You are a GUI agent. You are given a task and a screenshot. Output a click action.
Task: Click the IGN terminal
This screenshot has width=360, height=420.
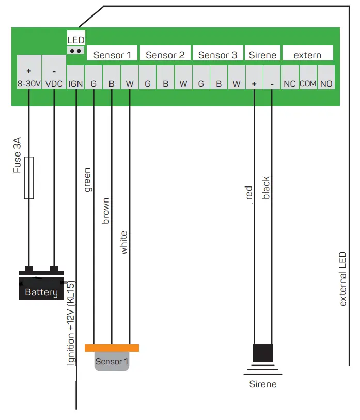point(75,83)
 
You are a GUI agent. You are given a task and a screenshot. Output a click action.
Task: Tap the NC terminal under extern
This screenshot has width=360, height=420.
point(289,83)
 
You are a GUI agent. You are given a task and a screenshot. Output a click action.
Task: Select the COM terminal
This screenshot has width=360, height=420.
point(308,83)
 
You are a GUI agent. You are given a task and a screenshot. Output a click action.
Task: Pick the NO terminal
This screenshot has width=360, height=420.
point(326,83)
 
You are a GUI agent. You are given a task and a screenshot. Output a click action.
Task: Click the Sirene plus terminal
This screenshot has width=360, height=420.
point(254,83)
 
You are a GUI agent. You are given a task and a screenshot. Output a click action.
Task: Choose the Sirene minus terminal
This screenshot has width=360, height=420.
point(272,83)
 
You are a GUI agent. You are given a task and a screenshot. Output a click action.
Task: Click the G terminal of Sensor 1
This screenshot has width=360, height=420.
point(93,83)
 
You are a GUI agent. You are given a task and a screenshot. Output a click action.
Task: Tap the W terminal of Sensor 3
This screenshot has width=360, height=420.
point(236,83)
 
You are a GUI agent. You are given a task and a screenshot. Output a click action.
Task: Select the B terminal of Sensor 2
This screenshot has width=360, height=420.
point(165,83)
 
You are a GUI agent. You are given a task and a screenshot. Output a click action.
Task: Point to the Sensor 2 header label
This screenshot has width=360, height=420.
point(165,55)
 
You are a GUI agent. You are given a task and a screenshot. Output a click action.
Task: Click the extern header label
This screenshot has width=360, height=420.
point(307,55)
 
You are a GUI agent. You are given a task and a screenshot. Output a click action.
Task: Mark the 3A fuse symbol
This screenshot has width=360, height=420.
point(29,178)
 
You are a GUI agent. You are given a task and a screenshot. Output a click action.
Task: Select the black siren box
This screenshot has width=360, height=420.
point(263,353)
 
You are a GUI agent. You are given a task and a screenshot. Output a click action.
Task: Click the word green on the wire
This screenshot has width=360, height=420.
point(87,180)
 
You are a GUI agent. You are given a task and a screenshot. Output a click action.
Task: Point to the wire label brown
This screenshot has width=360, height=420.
point(105,210)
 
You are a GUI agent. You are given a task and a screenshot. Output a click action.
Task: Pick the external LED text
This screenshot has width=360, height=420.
point(343,279)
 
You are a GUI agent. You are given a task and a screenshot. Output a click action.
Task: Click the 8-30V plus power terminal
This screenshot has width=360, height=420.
point(29,77)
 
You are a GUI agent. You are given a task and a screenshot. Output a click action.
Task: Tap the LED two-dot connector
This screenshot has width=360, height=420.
point(76,51)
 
